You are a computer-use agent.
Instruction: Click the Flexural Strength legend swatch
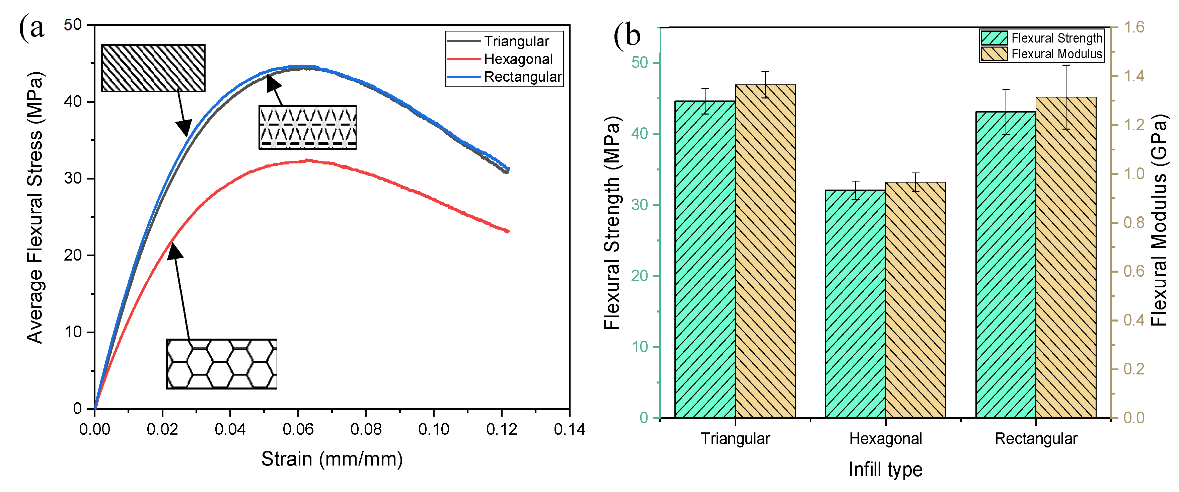(994, 38)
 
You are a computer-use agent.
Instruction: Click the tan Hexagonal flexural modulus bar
(915, 300)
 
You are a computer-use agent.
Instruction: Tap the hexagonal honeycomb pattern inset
(222, 364)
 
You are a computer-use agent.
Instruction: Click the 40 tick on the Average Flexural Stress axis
(73, 101)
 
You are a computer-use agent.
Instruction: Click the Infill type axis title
(885, 470)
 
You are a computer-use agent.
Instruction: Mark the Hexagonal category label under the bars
(885, 439)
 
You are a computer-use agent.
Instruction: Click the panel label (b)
(627, 35)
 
